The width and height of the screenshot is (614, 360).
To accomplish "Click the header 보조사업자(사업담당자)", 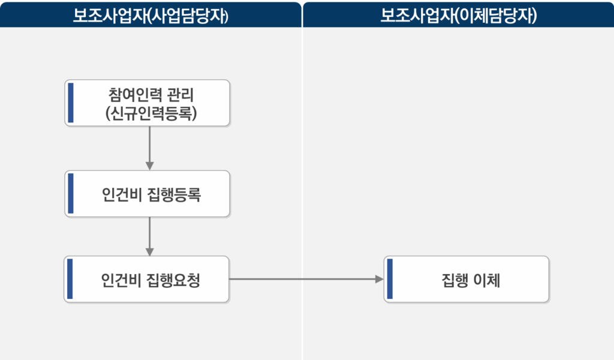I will (151, 14).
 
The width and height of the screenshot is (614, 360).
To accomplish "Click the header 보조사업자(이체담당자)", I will (458, 14).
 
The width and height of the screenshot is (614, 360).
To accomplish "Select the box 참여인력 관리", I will (148, 103).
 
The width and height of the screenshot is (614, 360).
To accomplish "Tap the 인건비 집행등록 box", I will (148, 194).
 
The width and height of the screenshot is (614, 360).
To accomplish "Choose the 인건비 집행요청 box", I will (148, 279).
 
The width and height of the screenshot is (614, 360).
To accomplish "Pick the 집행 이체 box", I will (467, 279).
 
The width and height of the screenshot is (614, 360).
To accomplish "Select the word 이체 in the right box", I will (486, 280).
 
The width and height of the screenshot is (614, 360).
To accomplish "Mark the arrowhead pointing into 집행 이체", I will (379, 279).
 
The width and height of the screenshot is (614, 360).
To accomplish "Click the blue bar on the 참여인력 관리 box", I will (71, 103).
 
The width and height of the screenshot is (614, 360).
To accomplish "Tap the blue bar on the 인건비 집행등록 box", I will (71, 194).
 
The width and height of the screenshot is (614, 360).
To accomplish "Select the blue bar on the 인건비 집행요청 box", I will (70, 279).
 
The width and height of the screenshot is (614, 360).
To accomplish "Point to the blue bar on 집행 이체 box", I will (390, 279).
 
